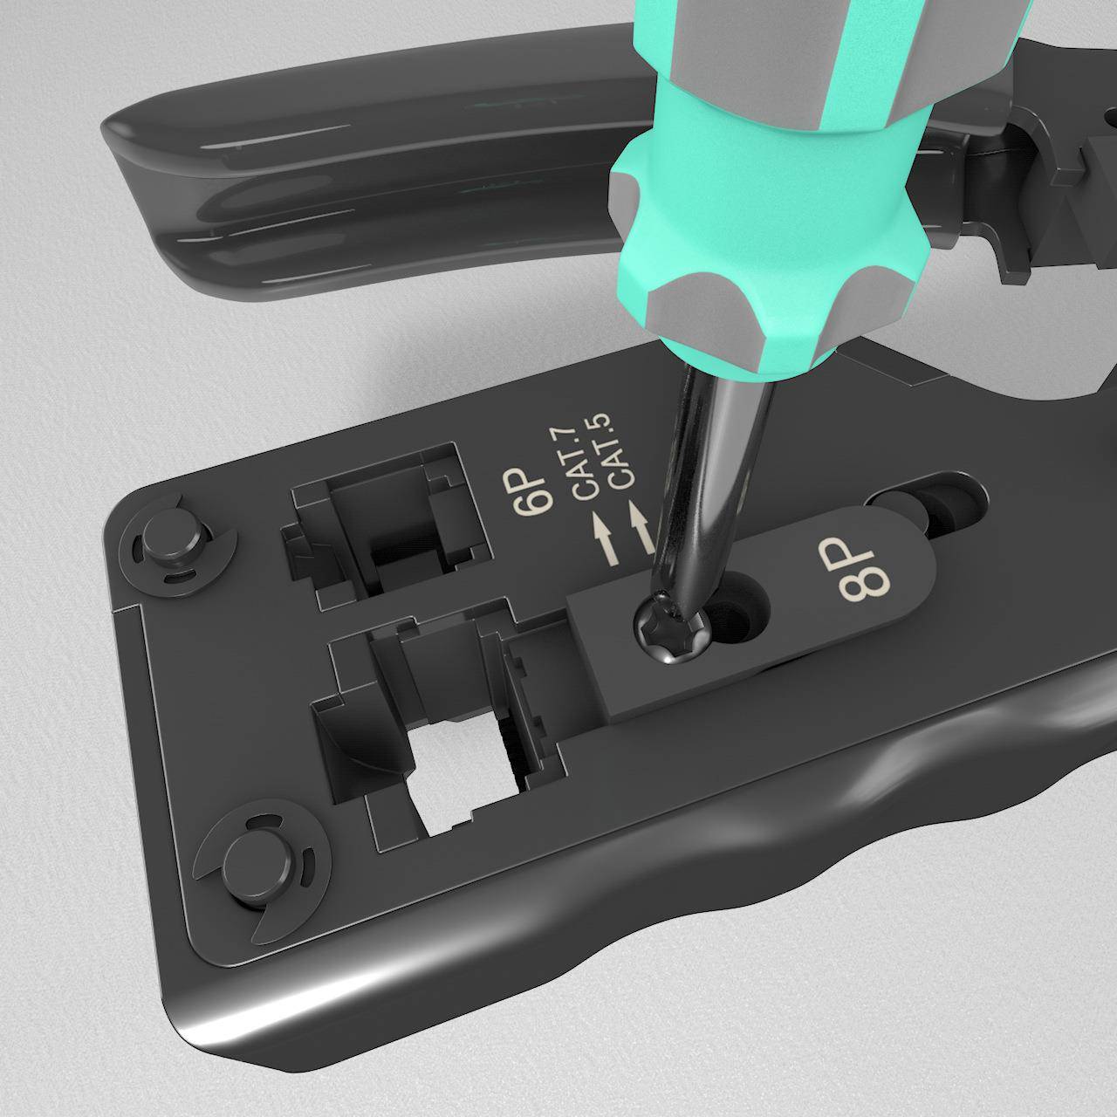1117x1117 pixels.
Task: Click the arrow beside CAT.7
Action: pos(606,540)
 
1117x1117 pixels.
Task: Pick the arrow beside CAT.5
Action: pos(640,526)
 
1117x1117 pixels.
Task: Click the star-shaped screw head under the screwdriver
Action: pos(673,630)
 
